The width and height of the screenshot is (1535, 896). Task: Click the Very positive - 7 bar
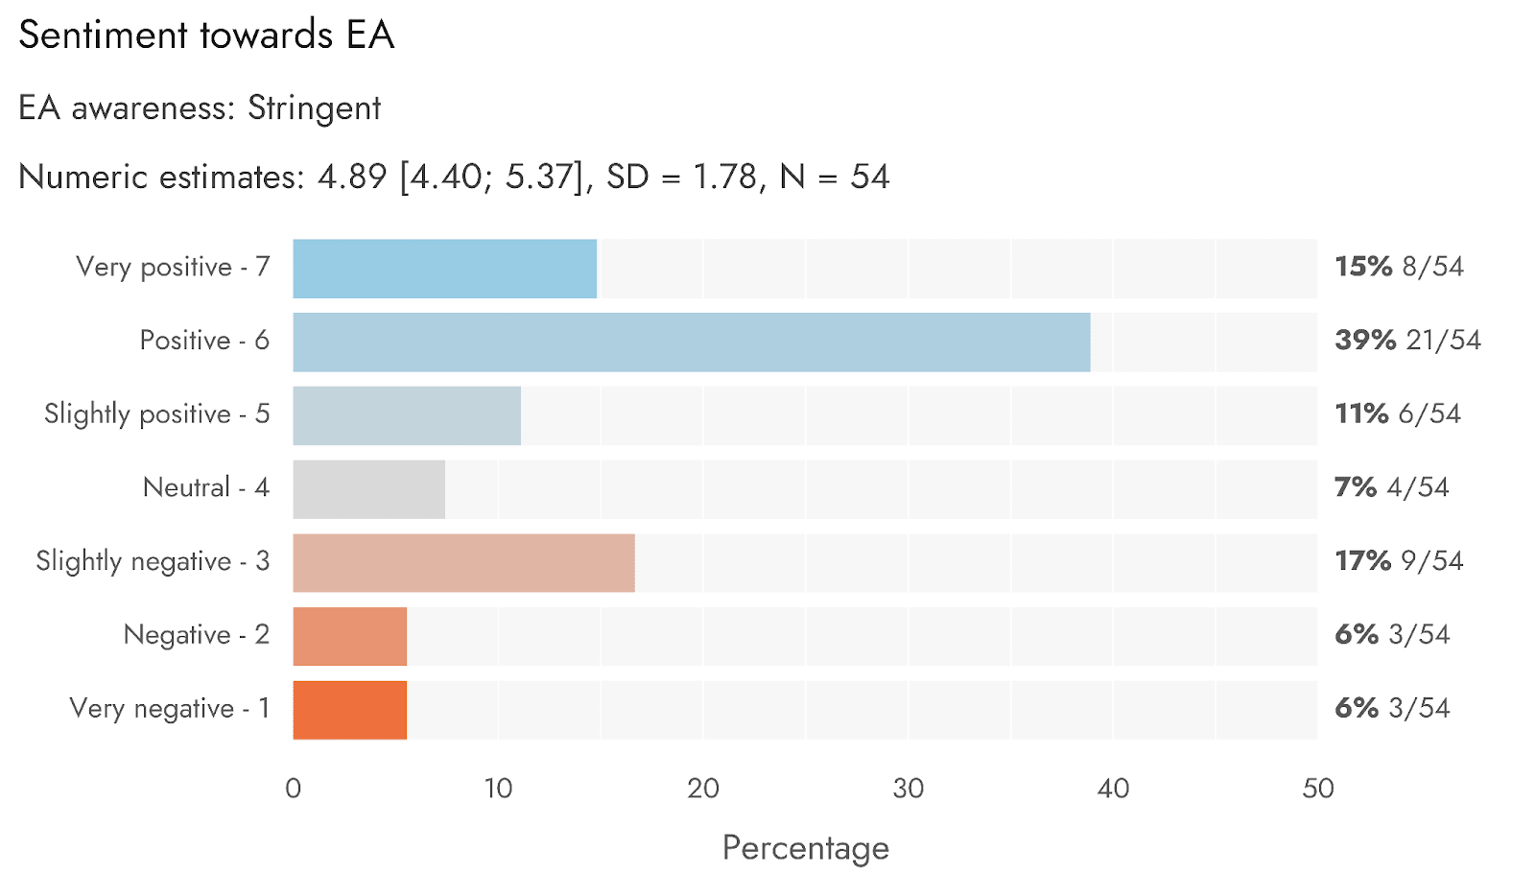444,269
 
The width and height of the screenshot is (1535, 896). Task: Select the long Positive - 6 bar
691,342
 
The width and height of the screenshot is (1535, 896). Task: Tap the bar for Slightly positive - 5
407,415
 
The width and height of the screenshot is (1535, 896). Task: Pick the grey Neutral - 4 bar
368,489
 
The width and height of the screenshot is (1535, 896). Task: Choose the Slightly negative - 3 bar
463,563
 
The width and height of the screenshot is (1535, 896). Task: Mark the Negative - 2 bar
349,636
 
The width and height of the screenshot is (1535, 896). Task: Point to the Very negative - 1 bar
349,710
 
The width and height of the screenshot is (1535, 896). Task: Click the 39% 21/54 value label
1407,341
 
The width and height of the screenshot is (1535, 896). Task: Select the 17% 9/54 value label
1399,561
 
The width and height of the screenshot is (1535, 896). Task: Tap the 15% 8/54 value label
1399,267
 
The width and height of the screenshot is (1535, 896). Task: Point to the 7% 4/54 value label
1391,487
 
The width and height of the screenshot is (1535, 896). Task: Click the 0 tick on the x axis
294,789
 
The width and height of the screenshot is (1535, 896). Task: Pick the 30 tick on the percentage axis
908,789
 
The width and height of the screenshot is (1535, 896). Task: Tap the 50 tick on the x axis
1317,789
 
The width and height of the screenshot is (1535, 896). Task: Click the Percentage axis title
805,848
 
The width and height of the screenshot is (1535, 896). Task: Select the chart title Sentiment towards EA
206,35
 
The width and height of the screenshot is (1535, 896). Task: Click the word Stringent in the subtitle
314,108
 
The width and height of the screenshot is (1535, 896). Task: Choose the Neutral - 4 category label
206,487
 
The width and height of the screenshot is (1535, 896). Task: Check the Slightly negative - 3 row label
153,561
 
